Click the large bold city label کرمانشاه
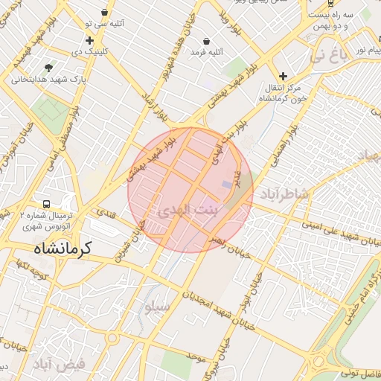[62, 248]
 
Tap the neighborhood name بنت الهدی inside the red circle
[190, 211]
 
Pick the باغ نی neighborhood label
[328, 55]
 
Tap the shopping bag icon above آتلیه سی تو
[104, 13]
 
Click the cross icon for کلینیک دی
[89, 40]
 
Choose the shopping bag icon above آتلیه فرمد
[205, 41]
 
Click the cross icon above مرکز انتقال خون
[283, 75]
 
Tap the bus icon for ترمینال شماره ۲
[47, 203]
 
